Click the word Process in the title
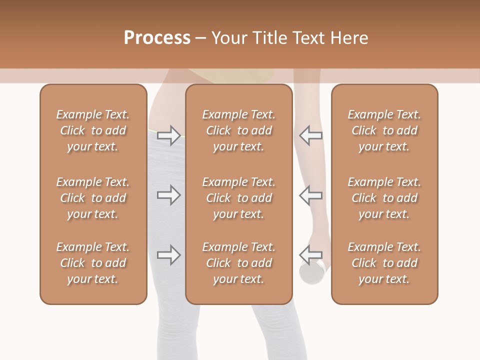pos(157,38)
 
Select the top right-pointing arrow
pos(168,135)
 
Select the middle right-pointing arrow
pos(168,195)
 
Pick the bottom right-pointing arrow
pos(168,255)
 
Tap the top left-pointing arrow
pos(310,135)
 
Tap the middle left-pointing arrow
pos(310,195)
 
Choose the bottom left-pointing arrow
pos(310,255)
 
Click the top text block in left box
pos(93,130)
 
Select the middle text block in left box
pos(93,198)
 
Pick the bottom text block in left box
pos(93,263)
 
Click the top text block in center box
pos(238,130)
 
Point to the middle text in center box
pos(238,198)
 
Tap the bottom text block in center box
pos(238,263)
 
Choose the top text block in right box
pos(384,130)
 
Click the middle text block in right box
pos(384,198)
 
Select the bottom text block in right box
pos(384,263)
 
